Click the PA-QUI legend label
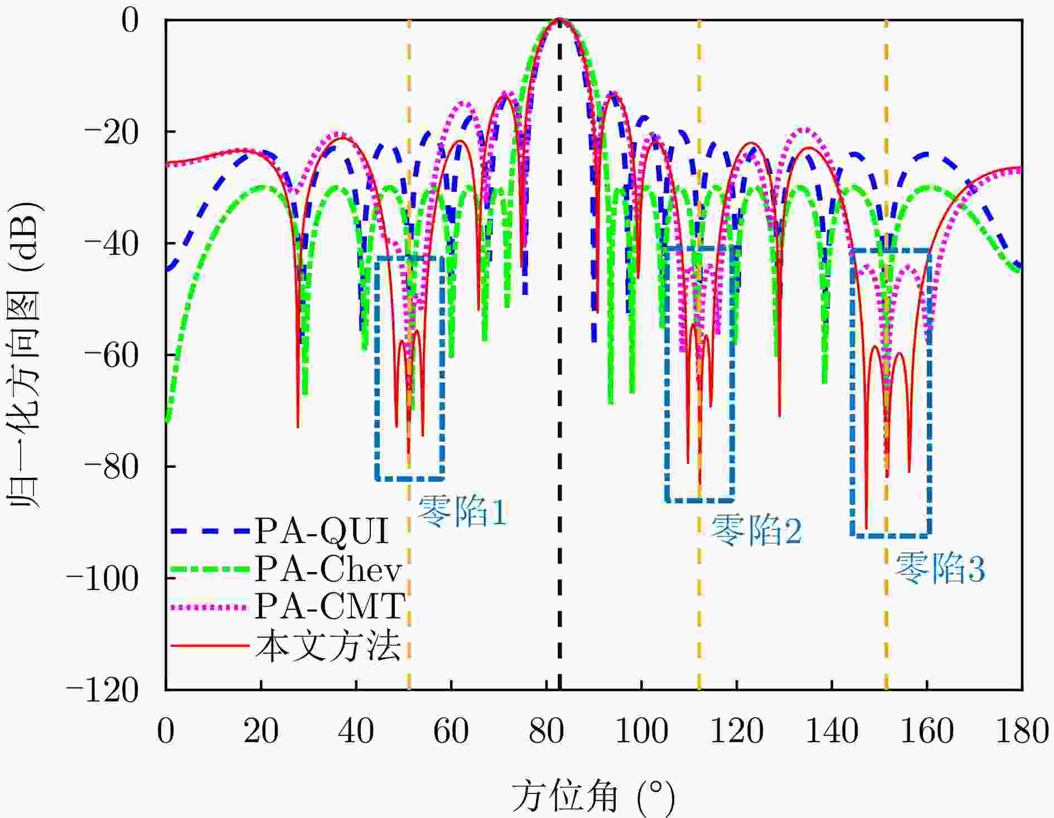pyautogui.click(x=321, y=531)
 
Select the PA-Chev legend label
pyautogui.click(x=328, y=569)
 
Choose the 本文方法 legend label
pyautogui.click(x=328, y=646)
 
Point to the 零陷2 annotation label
pyautogui.click(x=756, y=530)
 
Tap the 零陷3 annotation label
pyautogui.click(x=940, y=568)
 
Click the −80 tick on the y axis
pyautogui.click(x=110, y=467)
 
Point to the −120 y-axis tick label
pyautogui.click(x=102, y=690)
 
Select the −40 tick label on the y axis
pyautogui.click(x=110, y=244)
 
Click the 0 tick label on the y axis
pyautogui.click(x=129, y=21)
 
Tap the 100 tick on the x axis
pyautogui.click(x=641, y=730)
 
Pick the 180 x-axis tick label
pyautogui.click(x=1022, y=730)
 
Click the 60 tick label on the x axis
pyautogui.click(x=451, y=730)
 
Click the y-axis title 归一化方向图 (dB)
pyautogui.click(x=25, y=355)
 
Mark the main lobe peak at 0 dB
pyautogui.click(x=560, y=20)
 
